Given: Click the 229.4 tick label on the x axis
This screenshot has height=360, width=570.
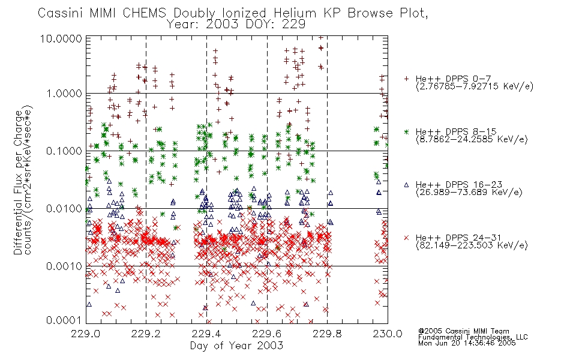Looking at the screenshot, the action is click(x=207, y=334).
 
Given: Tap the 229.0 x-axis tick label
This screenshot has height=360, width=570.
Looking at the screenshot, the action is click(x=86, y=334).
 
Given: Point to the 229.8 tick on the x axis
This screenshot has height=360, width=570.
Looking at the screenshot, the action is click(x=327, y=334).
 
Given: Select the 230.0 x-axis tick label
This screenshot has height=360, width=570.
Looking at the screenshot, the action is click(x=388, y=334).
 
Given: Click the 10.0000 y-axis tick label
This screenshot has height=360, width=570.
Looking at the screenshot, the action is click(x=61, y=38).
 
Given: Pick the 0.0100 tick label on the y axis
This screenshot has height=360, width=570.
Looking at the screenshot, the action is click(x=64, y=209).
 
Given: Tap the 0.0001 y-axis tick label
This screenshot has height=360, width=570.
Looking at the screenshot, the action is click(x=64, y=320).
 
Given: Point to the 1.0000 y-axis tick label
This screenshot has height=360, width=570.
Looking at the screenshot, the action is click(x=64, y=94).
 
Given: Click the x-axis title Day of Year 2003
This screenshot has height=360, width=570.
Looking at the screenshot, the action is click(x=236, y=346).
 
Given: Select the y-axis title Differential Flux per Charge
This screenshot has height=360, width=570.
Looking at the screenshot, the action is click(x=18, y=182).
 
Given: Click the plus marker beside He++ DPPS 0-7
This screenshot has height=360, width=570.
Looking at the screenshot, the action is click(x=406, y=79).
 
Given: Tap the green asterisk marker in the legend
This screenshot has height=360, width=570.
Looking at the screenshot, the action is click(x=406, y=131).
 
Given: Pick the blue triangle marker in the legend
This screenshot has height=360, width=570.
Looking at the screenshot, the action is click(x=406, y=185).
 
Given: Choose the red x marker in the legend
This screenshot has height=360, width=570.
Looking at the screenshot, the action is click(x=406, y=238).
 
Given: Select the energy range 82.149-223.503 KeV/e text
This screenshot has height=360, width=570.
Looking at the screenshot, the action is click(x=472, y=245).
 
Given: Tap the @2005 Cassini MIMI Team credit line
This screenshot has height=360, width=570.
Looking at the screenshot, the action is click(x=464, y=331).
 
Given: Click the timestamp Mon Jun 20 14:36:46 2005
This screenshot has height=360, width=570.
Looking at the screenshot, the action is click(x=467, y=343).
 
